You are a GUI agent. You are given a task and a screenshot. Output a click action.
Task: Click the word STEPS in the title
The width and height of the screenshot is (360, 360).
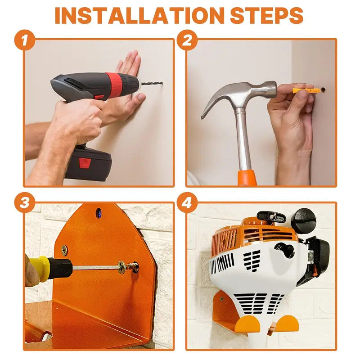click(x=266, y=16)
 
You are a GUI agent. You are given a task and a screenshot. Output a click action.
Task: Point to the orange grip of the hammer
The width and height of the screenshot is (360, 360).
click(x=247, y=177)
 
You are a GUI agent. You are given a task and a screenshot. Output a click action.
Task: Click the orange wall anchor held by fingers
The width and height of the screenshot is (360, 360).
click(x=302, y=91)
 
